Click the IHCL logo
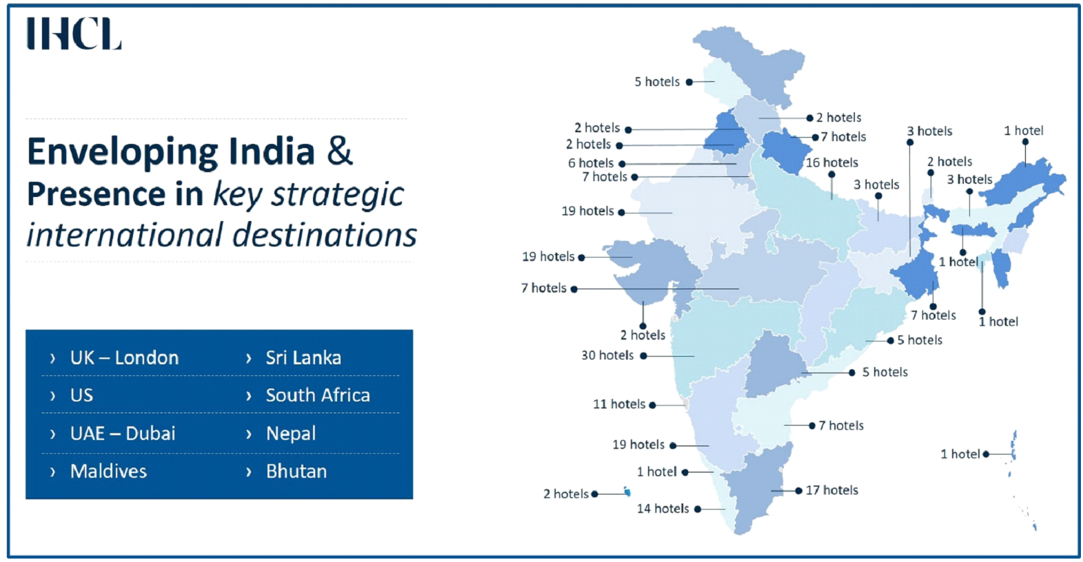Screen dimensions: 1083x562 (74, 33)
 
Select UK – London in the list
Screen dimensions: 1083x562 (124, 358)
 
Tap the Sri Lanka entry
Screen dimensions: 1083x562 (303, 358)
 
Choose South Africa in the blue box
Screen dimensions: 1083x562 (318, 395)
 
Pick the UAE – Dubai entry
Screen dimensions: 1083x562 (123, 433)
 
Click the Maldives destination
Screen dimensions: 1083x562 (108, 471)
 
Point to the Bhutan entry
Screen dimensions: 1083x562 (296, 471)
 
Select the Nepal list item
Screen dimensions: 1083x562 (291, 433)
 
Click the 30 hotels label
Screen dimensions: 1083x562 (607, 355)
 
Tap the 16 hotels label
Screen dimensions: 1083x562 (831, 163)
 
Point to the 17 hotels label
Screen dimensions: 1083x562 (831, 490)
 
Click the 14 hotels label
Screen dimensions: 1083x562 (663, 508)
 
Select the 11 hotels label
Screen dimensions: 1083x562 (619, 404)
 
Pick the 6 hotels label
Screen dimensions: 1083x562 (591, 163)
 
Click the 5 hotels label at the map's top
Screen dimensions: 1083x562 (657, 82)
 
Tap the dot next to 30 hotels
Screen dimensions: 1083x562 (643, 356)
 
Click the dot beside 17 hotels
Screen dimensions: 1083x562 (799, 491)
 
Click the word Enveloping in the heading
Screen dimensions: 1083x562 (122, 152)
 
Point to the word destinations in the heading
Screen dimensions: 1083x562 (325, 235)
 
